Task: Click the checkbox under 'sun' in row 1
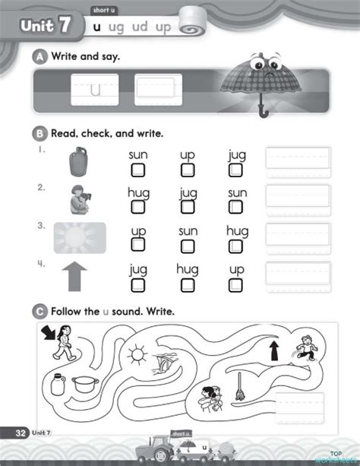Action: coord(137,169)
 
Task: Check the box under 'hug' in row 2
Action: coord(137,207)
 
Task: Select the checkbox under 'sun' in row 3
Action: coord(188,244)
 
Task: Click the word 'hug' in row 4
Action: coord(188,268)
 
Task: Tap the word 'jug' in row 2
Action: coord(188,192)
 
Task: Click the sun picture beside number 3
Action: coord(80,238)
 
